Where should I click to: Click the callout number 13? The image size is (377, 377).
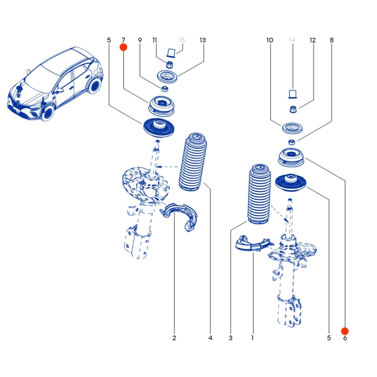[203, 41]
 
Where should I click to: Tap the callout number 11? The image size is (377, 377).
[155, 41]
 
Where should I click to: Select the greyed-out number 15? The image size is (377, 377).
[182, 41]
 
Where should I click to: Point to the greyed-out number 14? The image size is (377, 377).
[292, 41]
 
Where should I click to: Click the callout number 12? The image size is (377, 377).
[312, 41]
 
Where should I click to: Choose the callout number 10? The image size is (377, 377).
[270, 41]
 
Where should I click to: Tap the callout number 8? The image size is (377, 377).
[332, 41]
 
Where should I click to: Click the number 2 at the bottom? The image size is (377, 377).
[174, 338]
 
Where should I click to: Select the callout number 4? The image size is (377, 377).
[210, 338]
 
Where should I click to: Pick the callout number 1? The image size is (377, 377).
[253, 338]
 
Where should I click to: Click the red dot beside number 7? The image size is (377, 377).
[123, 47]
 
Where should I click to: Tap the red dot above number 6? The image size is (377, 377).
[345, 331]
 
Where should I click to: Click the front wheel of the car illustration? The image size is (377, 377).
[48, 114]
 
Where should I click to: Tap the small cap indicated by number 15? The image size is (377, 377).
[171, 52]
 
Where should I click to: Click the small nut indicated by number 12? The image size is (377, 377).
[293, 110]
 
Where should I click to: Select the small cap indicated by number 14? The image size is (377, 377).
[292, 94]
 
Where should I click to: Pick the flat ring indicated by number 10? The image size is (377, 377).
[292, 128]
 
